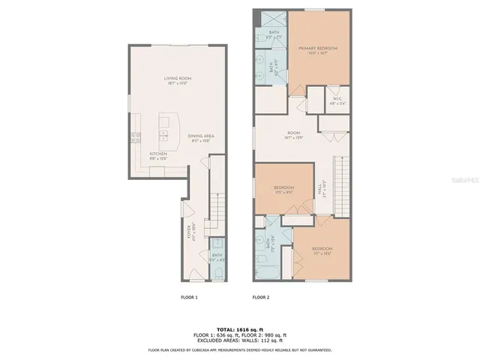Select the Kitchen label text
coord(147,155)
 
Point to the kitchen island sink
coord(163,136)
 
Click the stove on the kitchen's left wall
coord(136,136)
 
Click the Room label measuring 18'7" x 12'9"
coord(293,134)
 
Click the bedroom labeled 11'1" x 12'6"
coord(322,250)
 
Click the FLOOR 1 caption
coord(189,298)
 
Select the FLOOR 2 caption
coord(260,298)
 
